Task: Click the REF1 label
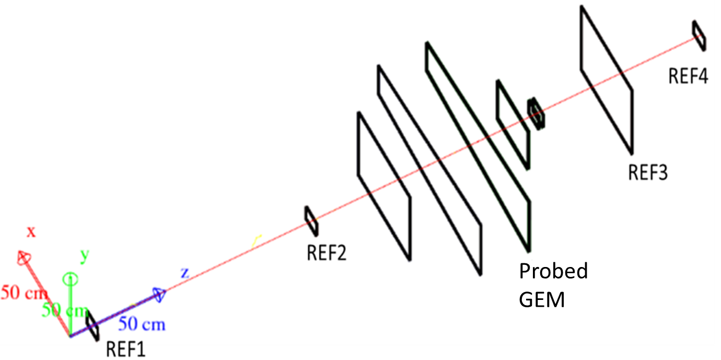[x=125, y=348]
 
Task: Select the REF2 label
[x=327, y=253]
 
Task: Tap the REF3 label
[x=647, y=171]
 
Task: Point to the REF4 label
[x=688, y=77]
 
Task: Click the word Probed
[x=553, y=272]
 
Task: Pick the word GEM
[x=542, y=300]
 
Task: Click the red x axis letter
[x=31, y=232]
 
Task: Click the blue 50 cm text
[x=142, y=324]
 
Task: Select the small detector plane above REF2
[x=311, y=220]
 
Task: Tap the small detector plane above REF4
[x=699, y=36]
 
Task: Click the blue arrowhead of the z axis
[x=159, y=295]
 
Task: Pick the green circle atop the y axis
[x=70, y=278]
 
